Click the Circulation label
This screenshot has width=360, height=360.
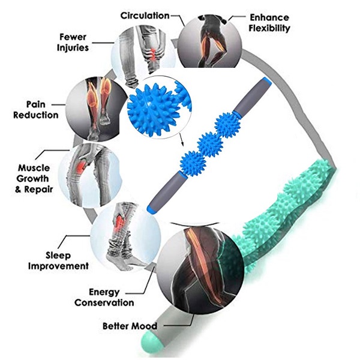tap(145, 15)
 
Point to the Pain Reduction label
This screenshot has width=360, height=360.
tap(35, 109)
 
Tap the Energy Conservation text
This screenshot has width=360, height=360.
tap(104, 298)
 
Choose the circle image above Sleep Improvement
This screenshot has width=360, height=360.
tap(125, 230)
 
